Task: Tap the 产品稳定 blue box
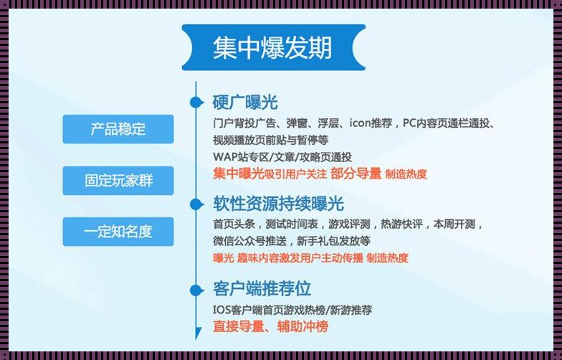coord(118,129)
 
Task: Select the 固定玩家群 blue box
coord(118,180)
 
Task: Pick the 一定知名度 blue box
coord(118,232)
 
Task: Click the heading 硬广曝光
coord(245,102)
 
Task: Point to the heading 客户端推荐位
coord(262,289)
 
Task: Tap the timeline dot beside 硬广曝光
coord(195,103)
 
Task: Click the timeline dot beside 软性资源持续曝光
coord(195,203)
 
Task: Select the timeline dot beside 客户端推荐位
coord(195,290)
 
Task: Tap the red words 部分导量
coord(356,174)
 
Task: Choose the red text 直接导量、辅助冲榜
coord(270,326)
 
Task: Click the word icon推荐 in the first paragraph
coord(371,123)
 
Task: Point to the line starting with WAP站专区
coord(282,156)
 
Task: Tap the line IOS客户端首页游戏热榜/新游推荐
coord(292,310)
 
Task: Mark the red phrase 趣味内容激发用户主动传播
coord(300,258)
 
